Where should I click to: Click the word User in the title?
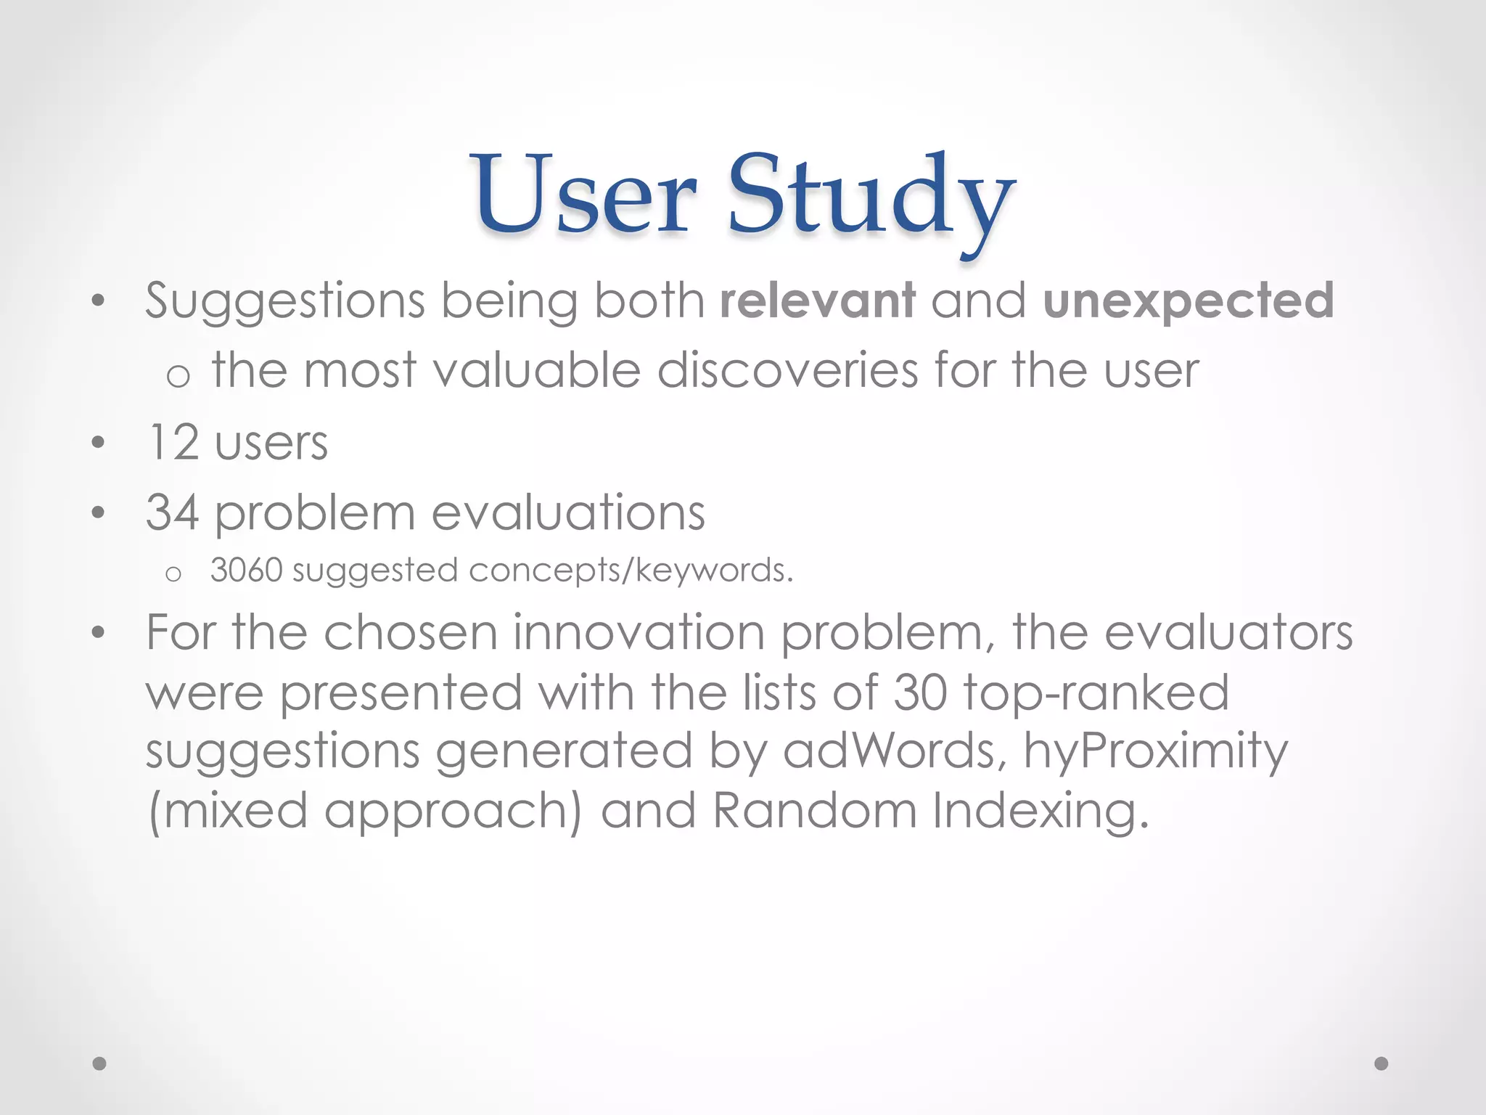(585, 195)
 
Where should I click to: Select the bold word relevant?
(818, 301)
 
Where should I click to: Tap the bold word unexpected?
(1188, 301)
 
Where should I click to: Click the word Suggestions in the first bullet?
(284, 301)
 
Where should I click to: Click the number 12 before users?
(173, 442)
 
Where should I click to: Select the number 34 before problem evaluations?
(172, 512)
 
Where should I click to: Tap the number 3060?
(246, 571)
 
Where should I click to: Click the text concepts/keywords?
(630, 571)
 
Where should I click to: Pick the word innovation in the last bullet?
(639, 632)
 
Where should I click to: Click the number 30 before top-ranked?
(919, 693)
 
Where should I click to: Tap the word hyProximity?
(1155, 751)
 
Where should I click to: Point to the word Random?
(814, 810)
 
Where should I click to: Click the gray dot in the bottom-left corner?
(99, 1063)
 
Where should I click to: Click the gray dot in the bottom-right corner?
(1382, 1063)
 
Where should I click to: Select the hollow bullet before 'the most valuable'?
(178, 376)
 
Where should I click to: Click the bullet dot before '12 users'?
(99, 443)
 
